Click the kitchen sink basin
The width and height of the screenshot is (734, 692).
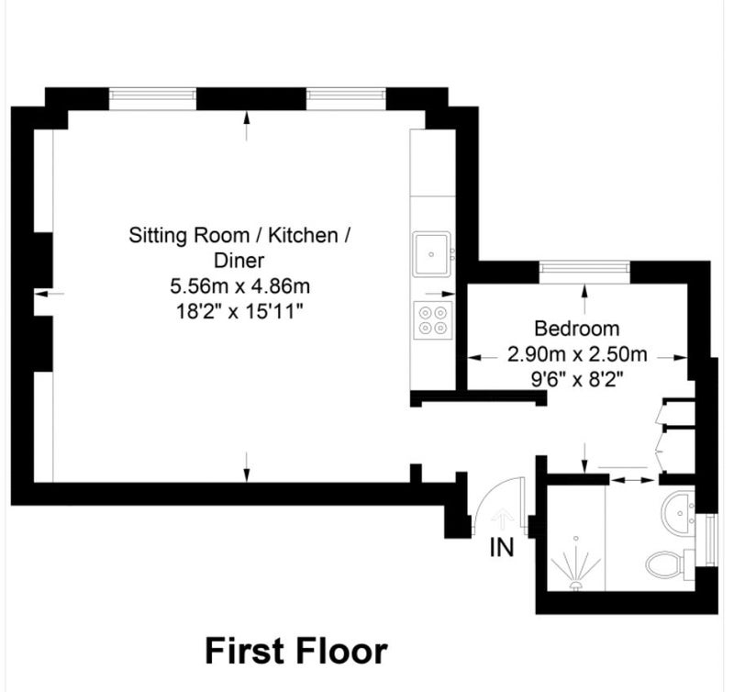coord(431,254)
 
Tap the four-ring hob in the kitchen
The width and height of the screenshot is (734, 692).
coord(433,320)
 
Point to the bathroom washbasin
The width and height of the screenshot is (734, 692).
coord(678,512)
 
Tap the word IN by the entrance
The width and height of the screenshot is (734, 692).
coord(501,547)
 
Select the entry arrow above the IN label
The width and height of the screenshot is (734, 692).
coord(503,519)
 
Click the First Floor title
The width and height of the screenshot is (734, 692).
coord(295,651)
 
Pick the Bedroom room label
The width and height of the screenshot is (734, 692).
coord(577,329)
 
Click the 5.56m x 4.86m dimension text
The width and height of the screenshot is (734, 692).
coord(239,285)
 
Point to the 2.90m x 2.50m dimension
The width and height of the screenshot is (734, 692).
coord(577,354)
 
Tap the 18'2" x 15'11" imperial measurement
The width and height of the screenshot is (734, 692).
coord(239,311)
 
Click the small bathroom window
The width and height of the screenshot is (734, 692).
coord(712,539)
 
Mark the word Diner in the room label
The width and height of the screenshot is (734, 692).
coord(239,261)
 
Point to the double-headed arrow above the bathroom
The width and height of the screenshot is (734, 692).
coord(633,480)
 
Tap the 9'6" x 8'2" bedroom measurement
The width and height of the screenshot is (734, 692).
coord(577,379)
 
